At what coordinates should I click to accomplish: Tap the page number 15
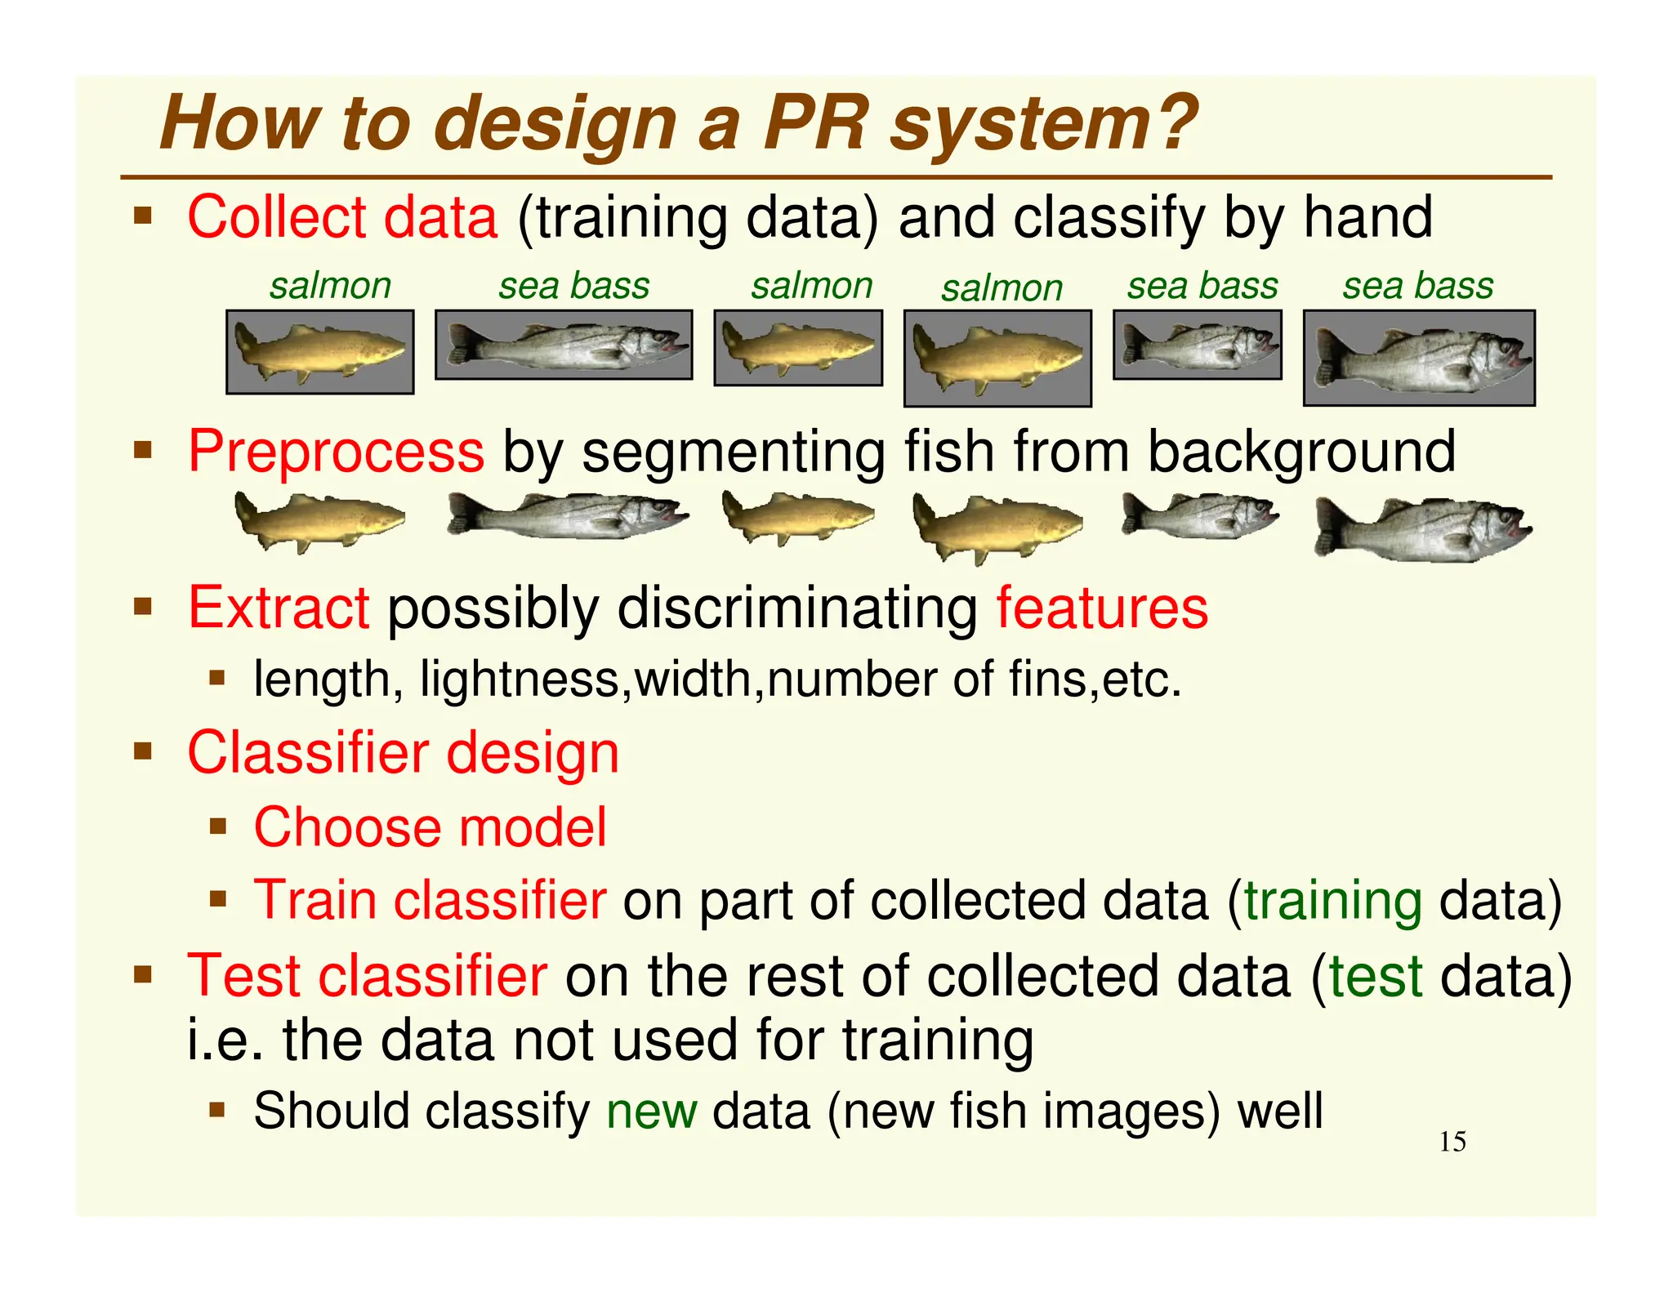click(1452, 1142)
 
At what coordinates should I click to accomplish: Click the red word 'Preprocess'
click(336, 451)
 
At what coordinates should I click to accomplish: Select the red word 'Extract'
click(279, 608)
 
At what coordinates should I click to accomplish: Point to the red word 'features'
click(1101, 608)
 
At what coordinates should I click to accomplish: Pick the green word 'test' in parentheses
click(1376, 977)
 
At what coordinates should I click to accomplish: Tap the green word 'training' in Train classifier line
click(1332, 901)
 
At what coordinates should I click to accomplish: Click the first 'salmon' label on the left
click(330, 286)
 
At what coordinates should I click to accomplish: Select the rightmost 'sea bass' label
click(1417, 286)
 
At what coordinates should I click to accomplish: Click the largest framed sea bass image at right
click(1419, 358)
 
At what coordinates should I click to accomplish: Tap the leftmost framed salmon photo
click(319, 352)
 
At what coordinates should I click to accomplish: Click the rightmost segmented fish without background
click(1422, 530)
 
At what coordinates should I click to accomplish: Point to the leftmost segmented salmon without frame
click(319, 520)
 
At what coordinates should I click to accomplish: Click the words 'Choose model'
click(430, 827)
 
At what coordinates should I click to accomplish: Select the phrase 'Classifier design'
click(403, 752)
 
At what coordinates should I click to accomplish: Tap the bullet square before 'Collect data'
click(144, 217)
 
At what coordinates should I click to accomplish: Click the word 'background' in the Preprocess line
click(1301, 451)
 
